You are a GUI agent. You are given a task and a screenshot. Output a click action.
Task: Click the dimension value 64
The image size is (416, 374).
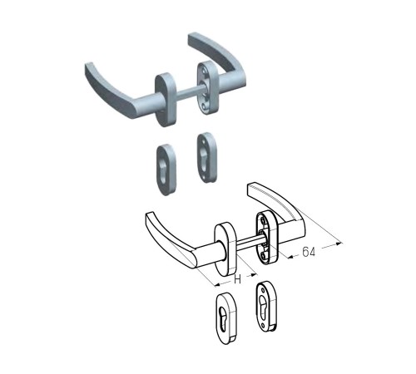point(309,252)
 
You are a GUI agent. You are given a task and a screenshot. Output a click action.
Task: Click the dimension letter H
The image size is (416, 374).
point(237,280)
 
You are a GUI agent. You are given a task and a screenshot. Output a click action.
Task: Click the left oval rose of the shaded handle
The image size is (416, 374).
point(166,100)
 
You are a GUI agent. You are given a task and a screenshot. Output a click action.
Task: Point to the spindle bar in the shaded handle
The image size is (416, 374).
point(189,93)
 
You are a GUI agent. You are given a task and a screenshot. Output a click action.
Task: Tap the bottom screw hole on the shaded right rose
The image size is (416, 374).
point(205,106)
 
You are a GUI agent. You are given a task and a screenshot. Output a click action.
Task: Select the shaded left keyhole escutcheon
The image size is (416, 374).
point(166,170)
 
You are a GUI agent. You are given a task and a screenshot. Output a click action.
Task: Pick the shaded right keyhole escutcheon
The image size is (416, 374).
point(206,157)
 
